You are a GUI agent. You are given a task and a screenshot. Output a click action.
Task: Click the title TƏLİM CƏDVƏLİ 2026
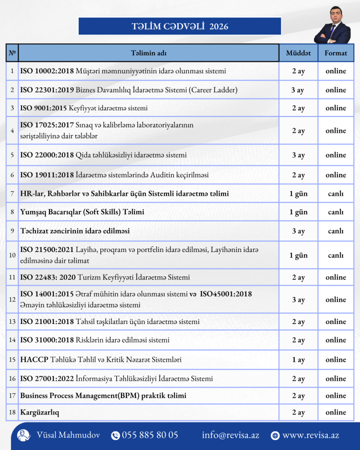pos(180,27)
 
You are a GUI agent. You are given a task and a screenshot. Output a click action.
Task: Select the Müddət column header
pos(298,53)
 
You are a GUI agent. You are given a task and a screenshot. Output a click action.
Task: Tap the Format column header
pos(336,53)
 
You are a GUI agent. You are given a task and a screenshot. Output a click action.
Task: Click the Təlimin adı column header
pos(148,53)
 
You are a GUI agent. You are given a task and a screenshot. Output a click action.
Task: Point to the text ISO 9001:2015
pos(44,108)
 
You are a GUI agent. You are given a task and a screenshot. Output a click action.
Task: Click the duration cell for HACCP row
pos(298,360)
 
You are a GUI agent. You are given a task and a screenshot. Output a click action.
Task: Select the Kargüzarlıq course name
pos(40,413)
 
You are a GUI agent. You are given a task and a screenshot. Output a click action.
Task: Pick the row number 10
pos(12,255)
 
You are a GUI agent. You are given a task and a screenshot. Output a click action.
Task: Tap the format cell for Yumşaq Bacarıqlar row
pos(336,212)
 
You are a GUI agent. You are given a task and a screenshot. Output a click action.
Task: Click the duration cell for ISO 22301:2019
pos(298,90)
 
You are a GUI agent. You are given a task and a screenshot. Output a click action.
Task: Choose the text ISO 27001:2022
pos(46,379)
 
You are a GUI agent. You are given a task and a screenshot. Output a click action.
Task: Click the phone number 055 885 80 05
pos(150,435)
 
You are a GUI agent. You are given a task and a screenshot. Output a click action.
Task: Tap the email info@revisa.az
pos(230,435)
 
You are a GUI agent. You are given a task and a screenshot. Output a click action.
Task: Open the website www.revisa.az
pos(310,435)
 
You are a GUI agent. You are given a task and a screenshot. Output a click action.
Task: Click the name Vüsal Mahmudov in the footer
pos(68,435)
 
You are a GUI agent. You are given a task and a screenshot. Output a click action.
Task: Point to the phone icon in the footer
pos(115,436)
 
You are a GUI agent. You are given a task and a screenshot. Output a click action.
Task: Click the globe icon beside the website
pos(275,436)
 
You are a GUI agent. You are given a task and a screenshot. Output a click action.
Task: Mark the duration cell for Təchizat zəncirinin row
pos(298,231)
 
